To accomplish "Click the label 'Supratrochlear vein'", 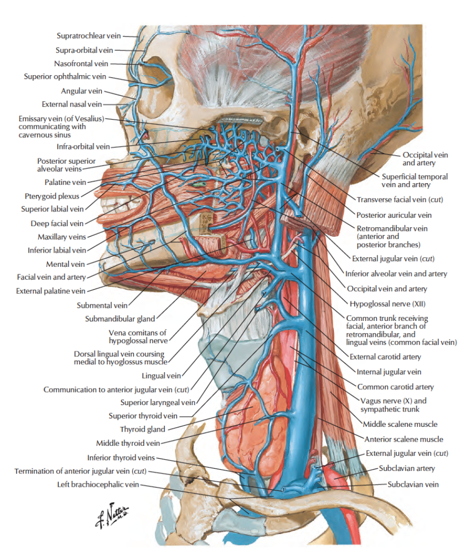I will point(89,36).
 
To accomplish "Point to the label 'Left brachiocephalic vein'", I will point(98,485).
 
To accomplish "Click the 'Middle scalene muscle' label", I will point(400,424).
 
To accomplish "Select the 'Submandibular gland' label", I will point(120,319).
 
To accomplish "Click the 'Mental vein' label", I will point(66,263).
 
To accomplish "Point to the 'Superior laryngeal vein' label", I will point(158,402).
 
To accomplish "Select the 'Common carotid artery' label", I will point(395,387).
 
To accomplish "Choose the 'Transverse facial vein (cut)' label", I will point(399,200).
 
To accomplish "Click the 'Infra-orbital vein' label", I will point(84,147).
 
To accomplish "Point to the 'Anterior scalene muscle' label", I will point(404,438).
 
